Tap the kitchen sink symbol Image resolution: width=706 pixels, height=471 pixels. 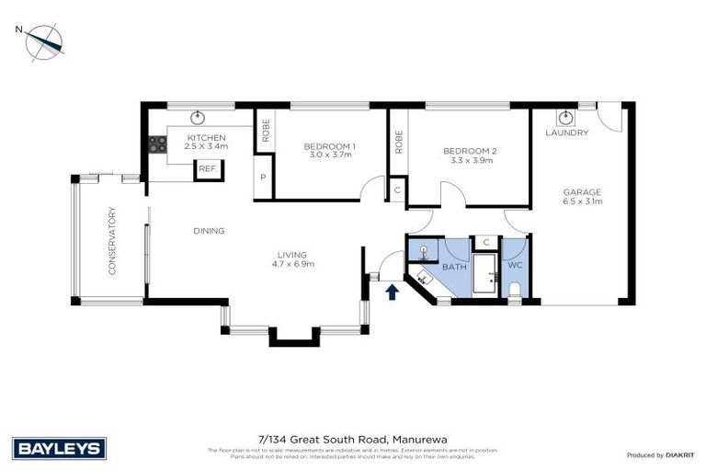point(198,117)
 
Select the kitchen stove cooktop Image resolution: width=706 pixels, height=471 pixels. point(157,144)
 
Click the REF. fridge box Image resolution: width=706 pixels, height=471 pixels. point(208,168)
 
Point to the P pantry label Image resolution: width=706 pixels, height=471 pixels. point(263,178)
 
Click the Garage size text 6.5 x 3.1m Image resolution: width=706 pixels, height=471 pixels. point(582,201)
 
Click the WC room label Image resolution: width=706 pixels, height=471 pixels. point(515,265)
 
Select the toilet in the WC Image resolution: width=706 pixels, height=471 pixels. point(514,291)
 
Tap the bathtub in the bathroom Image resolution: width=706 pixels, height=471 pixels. point(484,274)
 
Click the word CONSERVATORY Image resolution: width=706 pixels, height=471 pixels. point(112,241)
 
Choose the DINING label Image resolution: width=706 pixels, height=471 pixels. point(209,231)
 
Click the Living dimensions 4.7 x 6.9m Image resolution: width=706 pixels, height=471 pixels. point(293,265)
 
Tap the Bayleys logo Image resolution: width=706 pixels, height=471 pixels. point(60,448)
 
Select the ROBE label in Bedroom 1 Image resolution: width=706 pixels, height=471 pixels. point(263,132)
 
